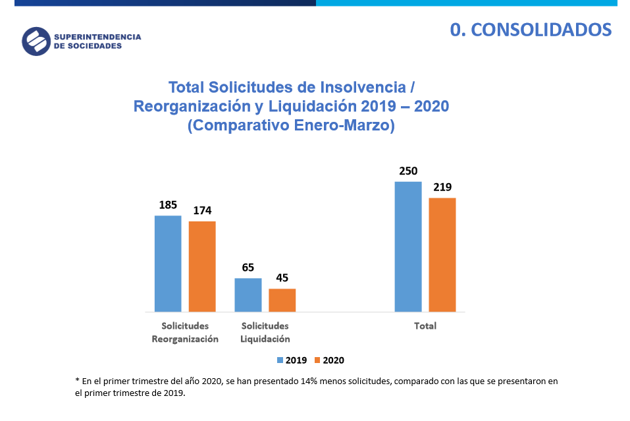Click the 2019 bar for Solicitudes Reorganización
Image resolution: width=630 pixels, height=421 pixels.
168,264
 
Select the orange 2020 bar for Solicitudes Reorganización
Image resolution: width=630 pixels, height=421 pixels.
202,266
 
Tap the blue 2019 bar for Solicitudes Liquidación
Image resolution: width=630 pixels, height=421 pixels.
248,295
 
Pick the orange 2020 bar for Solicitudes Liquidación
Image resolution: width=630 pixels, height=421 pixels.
282,300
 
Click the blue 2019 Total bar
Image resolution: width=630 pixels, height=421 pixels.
408,246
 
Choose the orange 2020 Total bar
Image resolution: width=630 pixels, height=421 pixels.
442,254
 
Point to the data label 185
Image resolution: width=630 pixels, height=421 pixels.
168,205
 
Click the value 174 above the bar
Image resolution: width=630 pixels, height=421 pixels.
202,211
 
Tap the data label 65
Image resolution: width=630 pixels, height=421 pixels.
248,267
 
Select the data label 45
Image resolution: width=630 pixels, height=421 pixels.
282,278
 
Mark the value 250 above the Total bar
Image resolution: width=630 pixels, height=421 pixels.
408,171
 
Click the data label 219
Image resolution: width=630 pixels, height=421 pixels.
442,187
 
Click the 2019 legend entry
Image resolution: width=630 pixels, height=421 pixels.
292,360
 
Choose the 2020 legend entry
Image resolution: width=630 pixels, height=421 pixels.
329,360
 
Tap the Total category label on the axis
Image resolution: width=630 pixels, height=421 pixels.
425,326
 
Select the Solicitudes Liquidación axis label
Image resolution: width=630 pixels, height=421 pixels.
265,333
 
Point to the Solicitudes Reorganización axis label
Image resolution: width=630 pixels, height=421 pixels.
185,333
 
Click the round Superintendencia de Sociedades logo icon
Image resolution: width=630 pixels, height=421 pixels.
36,42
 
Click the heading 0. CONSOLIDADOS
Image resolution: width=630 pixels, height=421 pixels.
531,30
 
